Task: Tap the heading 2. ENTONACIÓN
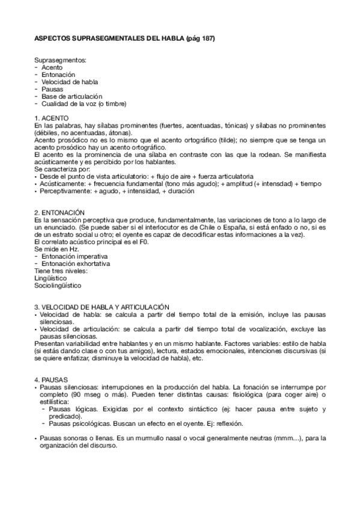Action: [x=59, y=212]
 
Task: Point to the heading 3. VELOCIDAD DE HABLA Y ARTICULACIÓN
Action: [x=102, y=306]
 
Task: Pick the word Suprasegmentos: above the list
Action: [x=60, y=61]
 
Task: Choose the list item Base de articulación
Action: [x=72, y=96]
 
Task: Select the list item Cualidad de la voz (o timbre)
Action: [x=84, y=103]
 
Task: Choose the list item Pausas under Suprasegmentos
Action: [x=52, y=89]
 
